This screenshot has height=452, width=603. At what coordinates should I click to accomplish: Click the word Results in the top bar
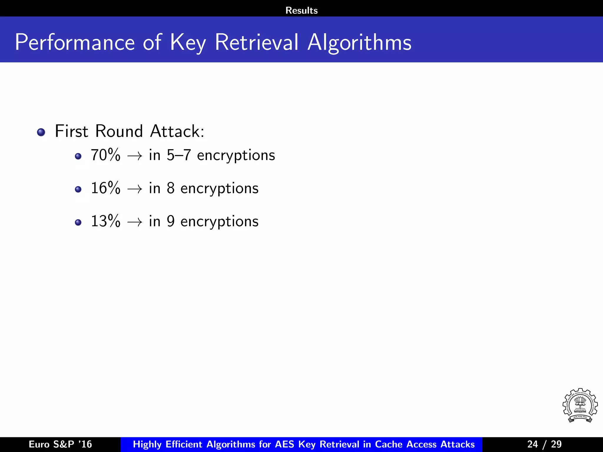pos(301,11)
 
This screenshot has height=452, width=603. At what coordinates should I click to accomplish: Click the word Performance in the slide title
pos(75,43)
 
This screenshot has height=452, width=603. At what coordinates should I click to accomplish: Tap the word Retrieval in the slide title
pos(256,42)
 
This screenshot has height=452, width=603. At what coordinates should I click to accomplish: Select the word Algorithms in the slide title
pos(359,43)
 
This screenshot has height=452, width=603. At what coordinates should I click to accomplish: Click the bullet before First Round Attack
pos(41,132)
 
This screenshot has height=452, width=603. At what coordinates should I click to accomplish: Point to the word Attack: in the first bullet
pos(177,131)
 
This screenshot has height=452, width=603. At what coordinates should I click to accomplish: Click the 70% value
pos(105,155)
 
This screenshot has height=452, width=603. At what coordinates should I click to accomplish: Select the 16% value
pos(105,188)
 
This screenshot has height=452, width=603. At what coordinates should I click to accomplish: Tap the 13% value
pos(105,221)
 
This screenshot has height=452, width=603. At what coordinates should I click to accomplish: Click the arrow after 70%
pos(135,156)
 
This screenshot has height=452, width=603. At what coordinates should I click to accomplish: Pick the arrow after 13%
pos(135,222)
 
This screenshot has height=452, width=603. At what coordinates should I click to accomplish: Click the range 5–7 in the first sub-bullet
pos(179,155)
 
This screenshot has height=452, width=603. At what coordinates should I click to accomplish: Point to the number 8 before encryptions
pos(170,188)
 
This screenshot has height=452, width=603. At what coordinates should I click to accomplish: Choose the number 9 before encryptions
pos(170,221)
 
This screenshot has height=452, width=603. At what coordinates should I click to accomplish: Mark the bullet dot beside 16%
pos(78,189)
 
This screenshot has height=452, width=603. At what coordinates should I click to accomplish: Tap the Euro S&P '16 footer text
pos(60,444)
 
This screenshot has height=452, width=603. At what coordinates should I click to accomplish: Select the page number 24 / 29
pos(544,444)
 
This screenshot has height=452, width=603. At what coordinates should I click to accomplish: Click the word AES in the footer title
pos(285,444)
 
